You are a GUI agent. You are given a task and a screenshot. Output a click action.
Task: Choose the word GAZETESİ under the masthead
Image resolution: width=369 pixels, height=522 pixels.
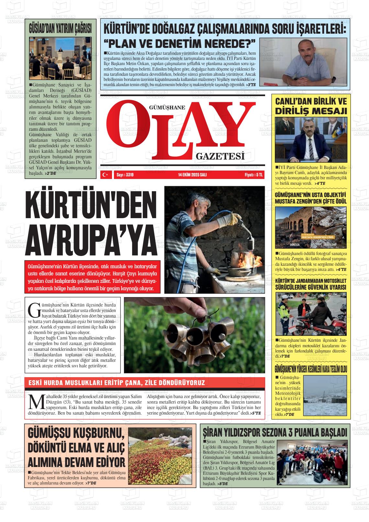pyautogui.click(x=220, y=157)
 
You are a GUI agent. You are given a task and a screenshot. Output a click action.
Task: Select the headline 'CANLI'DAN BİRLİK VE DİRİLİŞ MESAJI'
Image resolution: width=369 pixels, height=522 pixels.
pyautogui.click(x=310, y=106)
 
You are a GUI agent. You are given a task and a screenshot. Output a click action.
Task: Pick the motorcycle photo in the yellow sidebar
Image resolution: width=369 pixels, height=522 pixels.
pyautogui.click(x=310, y=314)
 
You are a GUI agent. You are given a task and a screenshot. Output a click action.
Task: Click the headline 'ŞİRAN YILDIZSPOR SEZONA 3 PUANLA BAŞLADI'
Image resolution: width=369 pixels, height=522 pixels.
pyautogui.click(x=275, y=432)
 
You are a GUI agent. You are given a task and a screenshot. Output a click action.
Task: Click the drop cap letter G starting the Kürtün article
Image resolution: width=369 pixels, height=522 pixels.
pyautogui.click(x=34, y=310)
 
